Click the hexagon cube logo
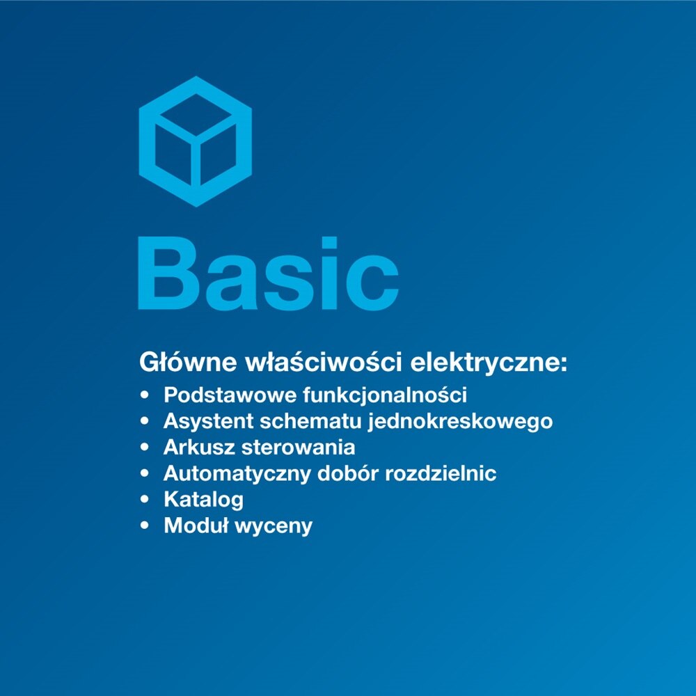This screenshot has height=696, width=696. [x=195, y=141]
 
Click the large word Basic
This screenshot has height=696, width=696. [x=268, y=273]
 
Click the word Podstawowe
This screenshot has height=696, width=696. [x=230, y=395]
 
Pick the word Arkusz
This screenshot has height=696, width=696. [x=198, y=448]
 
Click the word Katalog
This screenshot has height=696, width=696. [x=203, y=500]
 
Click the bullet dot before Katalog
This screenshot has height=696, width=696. [x=145, y=500]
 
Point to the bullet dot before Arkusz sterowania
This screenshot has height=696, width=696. [x=145, y=448]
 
